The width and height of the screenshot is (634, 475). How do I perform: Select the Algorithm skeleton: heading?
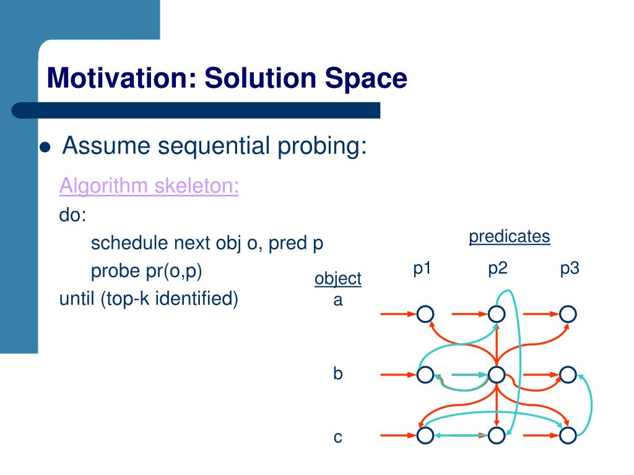click(149, 186)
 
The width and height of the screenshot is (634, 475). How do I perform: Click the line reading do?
click(73, 215)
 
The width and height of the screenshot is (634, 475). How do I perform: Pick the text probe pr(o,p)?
click(146, 271)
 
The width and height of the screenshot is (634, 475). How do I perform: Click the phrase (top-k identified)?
click(169, 299)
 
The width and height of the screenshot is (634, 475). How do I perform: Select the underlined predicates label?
click(510, 237)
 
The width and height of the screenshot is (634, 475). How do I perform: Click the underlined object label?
click(338, 279)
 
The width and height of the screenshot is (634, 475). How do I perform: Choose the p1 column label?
click(422, 269)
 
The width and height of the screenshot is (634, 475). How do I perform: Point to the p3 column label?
click(570, 269)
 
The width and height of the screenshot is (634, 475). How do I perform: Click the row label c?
click(338, 437)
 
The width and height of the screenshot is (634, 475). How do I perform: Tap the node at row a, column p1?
click(425, 314)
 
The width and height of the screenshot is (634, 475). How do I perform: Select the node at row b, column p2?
click(497, 375)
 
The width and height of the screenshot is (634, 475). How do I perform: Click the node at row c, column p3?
click(568, 435)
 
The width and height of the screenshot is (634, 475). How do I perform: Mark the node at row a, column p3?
click(568, 314)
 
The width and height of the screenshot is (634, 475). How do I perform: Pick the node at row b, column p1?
click(425, 375)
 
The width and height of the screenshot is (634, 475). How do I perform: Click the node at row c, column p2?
click(497, 435)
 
